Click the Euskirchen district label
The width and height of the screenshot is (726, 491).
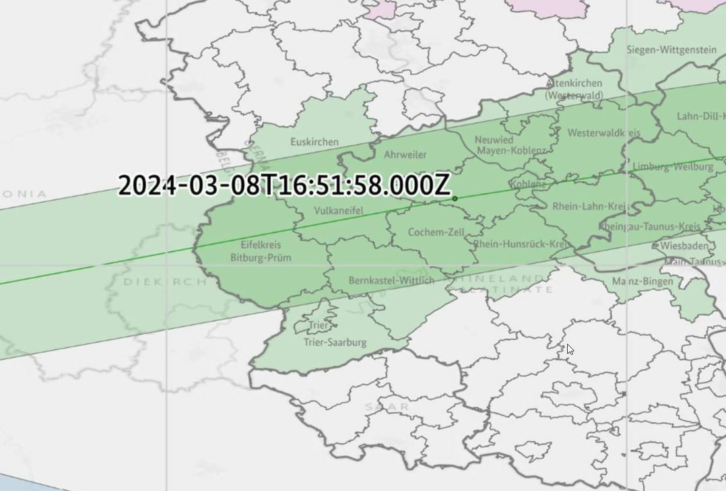[x=315, y=142]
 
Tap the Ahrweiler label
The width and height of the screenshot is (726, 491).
[x=405, y=155]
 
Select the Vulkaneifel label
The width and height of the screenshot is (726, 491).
[x=338, y=211]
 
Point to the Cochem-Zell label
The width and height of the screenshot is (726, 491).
[x=436, y=232]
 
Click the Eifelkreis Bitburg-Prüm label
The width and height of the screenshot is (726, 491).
[x=261, y=251]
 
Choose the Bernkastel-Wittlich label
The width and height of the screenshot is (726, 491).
[x=391, y=280]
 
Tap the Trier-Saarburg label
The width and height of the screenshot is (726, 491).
[x=335, y=342]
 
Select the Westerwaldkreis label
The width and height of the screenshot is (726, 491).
[x=603, y=133]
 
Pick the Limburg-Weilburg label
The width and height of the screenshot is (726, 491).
[x=672, y=166]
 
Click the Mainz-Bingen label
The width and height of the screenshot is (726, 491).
[x=642, y=281]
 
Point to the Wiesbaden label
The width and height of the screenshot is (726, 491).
[x=684, y=246]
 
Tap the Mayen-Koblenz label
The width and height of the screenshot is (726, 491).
[x=512, y=152]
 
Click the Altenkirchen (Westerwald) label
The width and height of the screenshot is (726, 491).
[x=574, y=90]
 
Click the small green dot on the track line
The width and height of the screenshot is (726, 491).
[x=455, y=199]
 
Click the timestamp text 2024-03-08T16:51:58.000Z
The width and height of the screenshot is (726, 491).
[x=284, y=185]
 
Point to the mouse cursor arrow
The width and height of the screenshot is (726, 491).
[x=570, y=349]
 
